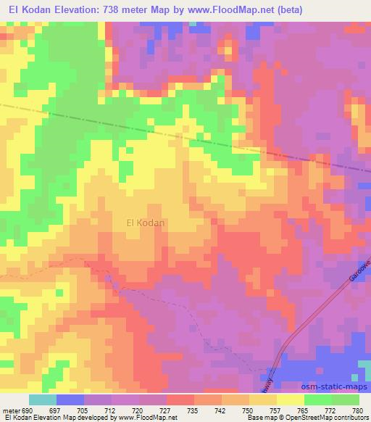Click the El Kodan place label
coord(146,223)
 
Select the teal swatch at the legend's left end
coord(43,400)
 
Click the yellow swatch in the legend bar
coord(290,400)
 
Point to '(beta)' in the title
coord(288,10)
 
